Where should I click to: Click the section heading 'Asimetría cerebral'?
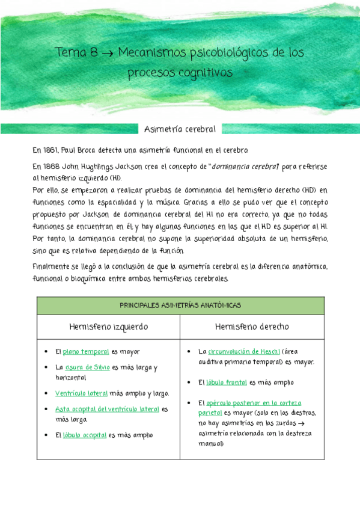180,129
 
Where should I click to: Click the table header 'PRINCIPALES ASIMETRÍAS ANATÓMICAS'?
180,306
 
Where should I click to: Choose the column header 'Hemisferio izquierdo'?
109,327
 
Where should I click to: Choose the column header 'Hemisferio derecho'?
252,327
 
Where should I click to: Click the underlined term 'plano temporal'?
86,352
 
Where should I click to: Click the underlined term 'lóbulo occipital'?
85,435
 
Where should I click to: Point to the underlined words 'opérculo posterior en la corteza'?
253,403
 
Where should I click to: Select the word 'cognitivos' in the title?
205,73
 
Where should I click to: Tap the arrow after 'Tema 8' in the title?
108,53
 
